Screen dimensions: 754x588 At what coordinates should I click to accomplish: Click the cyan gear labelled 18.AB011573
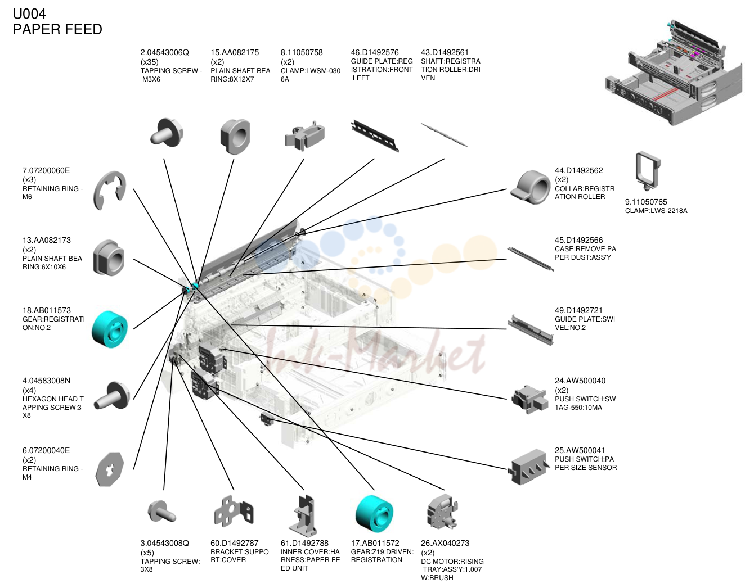[x=110, y=329]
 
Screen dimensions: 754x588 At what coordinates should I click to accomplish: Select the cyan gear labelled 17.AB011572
[x=374, y=514]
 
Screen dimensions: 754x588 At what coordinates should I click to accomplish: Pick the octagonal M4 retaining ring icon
[x=110, y=469]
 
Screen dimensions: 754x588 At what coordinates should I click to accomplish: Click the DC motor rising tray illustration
[x=442, y=512]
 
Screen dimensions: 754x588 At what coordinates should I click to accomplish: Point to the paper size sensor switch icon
[x=528, y=467]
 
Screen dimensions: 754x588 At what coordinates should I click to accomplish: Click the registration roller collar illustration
[x=531, y=187]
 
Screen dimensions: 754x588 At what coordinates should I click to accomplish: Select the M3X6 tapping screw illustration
[x=167, y=133]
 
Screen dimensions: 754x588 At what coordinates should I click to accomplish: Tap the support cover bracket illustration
[x=234, y=512]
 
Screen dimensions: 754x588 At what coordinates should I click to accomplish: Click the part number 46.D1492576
[x=375, y=52]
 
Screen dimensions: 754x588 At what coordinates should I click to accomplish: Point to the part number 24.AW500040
[x=580, y=381]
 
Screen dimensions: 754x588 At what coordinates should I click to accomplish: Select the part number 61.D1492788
[x=304, y=543]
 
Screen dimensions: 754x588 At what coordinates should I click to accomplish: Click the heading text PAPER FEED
[x=57, y=29]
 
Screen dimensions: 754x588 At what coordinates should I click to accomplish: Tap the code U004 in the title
[x=29, y=14]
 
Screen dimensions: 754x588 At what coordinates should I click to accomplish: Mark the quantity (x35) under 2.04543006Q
[x=150, y=62]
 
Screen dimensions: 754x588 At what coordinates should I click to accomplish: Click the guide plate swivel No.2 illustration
[x=530, y=329]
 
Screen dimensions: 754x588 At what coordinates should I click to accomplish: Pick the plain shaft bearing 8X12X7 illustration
[x=235, y=137]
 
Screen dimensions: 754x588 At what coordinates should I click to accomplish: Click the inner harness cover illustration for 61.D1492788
[x=303, y=515]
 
